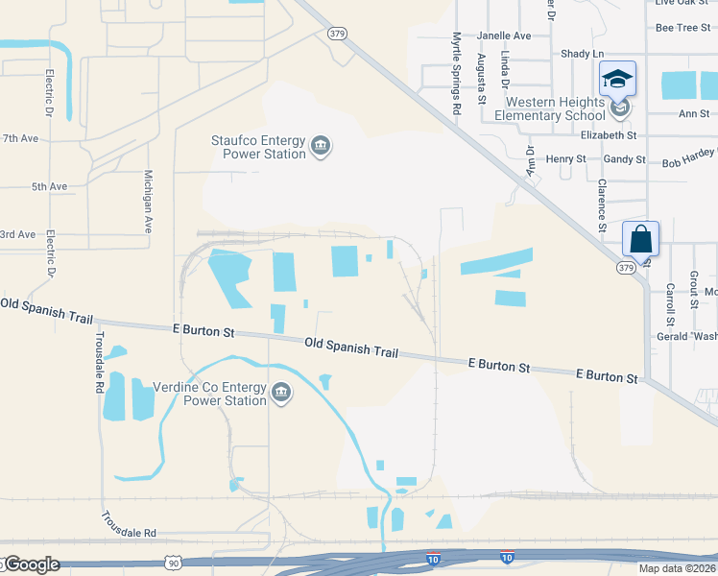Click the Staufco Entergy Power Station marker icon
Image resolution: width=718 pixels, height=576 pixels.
coord(321,147)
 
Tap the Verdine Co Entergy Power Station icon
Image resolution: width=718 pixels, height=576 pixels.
coord(281,391)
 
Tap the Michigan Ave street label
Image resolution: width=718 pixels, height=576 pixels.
coord(148,203)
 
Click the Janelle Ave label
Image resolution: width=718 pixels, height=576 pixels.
coord(504,36)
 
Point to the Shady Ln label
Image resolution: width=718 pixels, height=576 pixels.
coord(584,54)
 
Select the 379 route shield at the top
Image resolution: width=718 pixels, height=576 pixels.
coord(336,34)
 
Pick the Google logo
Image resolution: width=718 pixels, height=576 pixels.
coord(31,564)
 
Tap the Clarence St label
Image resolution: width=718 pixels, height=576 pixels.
coord(603,204)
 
